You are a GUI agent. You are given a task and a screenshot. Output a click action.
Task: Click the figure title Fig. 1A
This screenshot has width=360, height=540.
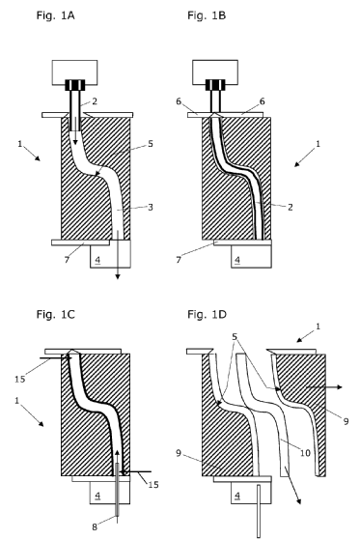pos(55,15)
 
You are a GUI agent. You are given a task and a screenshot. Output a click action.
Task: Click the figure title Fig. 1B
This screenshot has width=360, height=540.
pos(207,15)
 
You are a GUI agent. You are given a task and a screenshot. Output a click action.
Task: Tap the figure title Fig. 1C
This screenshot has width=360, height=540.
pos(55,314)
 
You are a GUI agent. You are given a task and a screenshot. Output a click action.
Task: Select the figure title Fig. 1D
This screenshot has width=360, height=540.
pos(207,314)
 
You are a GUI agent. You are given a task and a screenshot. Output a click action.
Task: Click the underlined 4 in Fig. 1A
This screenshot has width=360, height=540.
pos(97,260)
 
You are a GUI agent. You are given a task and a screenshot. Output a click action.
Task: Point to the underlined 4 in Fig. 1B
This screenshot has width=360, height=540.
pos(237,260)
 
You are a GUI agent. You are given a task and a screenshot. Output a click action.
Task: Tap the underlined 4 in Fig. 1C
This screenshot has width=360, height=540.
pos(97,496)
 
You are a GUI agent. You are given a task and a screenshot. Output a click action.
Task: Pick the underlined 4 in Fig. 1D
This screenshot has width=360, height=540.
pos(237,496)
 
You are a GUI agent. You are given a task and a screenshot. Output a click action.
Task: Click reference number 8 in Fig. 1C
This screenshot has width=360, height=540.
pos(95,526)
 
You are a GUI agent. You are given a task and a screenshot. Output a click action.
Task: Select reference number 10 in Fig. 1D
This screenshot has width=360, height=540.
pos(306,453)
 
